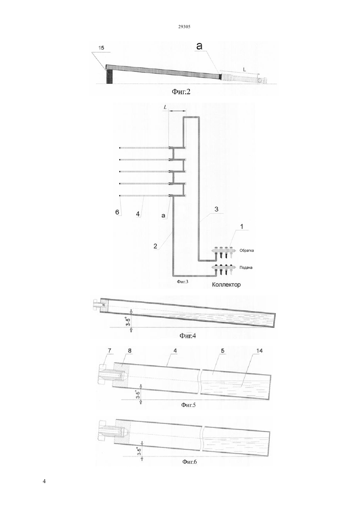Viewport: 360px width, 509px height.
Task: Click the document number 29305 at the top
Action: (x=184, y=27)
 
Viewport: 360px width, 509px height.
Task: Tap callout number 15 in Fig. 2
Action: (x=101, y=48)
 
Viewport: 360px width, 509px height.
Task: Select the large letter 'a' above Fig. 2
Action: (x=199, y=46)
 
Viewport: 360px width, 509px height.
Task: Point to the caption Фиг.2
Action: (x=181, y=92)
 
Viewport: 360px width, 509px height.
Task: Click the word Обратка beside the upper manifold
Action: (x=246, y=251)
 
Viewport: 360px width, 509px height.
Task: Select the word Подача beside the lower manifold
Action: (x=246, y=268)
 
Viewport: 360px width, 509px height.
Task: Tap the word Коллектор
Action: (x=226, y=285)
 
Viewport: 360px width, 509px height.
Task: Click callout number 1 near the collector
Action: (x=242, y=227)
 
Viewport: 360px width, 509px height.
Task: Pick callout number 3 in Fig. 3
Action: (x=216, y=209)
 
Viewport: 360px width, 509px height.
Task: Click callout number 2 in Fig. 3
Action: (x=155, y=246)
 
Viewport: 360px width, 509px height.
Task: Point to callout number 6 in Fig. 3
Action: (x=117, y=212)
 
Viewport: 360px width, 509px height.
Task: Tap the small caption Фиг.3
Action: (x=183, y=282)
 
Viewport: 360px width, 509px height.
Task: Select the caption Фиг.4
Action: (x=188, y=336)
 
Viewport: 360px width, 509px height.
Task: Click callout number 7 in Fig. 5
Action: (x=110, y=351)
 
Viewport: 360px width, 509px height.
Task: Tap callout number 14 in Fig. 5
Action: (x=259, y=351)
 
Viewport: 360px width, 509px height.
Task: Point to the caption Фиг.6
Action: (x=189, y=462)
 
